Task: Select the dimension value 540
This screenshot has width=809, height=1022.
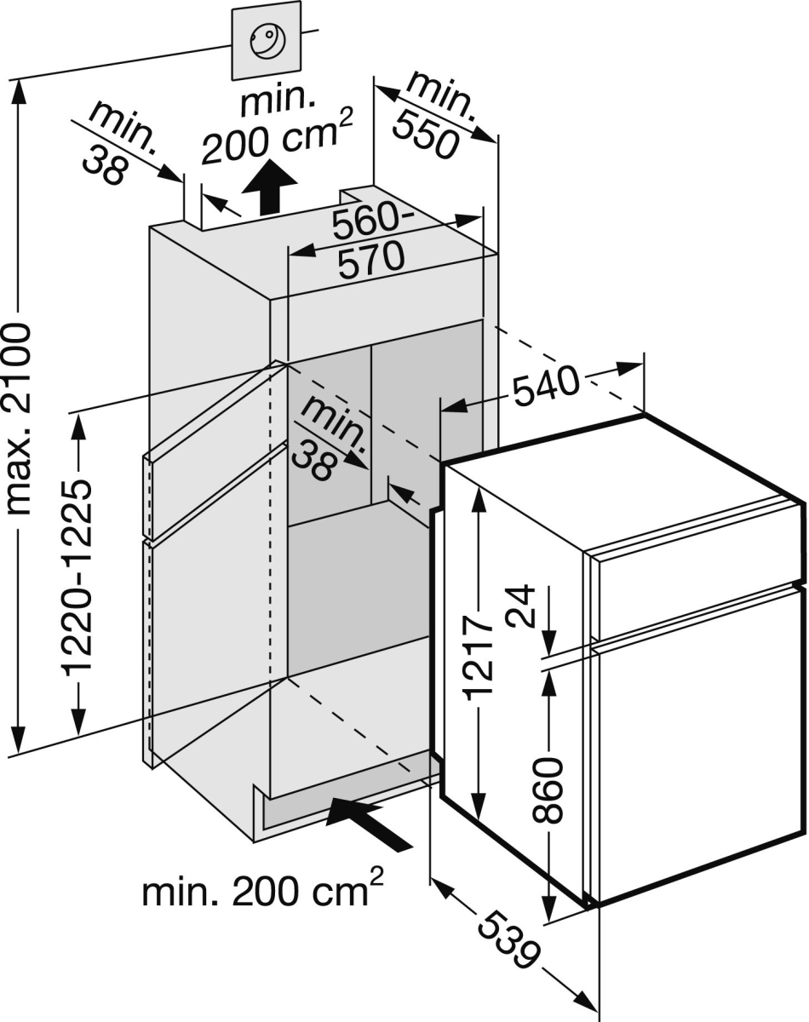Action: click(545, 388)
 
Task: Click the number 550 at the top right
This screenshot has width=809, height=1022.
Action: click(425, 133)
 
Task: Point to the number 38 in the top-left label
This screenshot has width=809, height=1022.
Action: click(106, 166)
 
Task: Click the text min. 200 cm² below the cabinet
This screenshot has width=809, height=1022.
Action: click(262, 892)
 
